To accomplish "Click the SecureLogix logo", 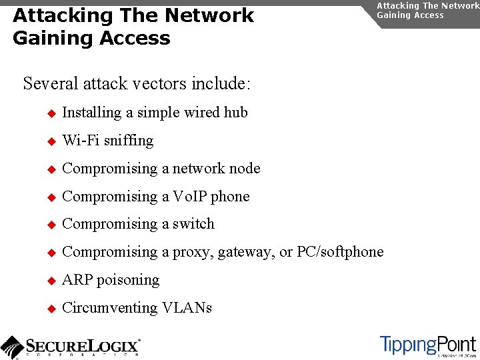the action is (70, 347).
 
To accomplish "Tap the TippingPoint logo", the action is (428, 345).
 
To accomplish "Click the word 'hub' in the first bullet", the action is (235, 113).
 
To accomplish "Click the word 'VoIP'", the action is (191, 197).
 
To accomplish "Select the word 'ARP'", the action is (77, 280).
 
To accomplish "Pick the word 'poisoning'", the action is (129, 281).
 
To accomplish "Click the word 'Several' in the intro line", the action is (51, 84).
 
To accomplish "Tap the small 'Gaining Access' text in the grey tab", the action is (410, 15).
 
